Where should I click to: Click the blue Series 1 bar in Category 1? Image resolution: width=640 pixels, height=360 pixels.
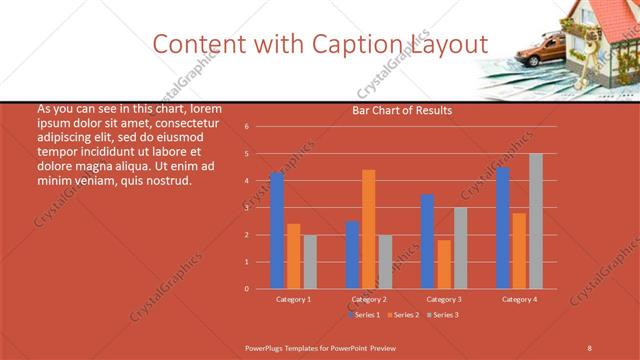277,231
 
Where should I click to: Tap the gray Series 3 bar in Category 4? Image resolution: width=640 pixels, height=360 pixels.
536,221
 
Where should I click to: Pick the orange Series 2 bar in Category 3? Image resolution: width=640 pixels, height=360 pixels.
444,264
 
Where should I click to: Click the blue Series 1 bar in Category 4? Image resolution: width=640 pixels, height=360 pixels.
503,228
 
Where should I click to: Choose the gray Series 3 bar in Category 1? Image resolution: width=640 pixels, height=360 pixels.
310,262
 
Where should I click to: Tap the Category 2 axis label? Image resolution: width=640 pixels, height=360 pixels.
369,299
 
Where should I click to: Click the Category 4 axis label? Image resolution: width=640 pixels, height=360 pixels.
519,299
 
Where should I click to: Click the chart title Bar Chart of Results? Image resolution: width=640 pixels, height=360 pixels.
402,111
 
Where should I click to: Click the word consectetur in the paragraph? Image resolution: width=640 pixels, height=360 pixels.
183,123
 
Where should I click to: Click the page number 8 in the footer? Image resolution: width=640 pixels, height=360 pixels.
590,346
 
